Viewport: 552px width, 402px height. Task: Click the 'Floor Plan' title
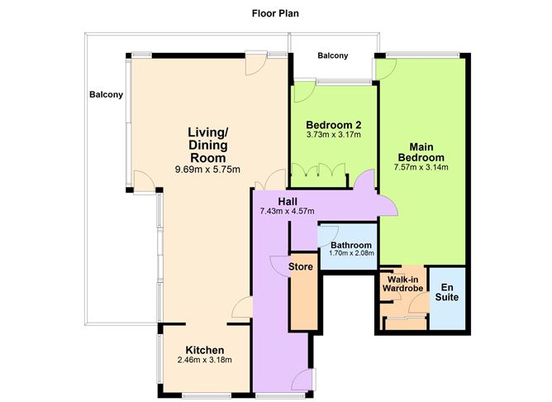(x=276, y=13)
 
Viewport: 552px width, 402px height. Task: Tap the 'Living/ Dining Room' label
(x=207, y=145)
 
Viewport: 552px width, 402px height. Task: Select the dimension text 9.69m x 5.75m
(x=207, y=170)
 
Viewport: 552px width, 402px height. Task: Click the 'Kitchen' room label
(x=205, y=350)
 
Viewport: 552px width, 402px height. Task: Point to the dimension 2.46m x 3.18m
(x=205, y=361)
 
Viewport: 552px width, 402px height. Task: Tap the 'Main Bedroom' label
(x=421, y=151)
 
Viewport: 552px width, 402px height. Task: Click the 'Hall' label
(x=288, y=201)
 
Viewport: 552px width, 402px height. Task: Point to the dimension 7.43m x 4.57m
(x=288, y=212)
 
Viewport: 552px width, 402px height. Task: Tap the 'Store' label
(x=301, y=267)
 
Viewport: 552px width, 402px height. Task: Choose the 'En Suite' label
(x=447, y=290)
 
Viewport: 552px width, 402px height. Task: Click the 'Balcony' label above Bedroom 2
(x=333, y=56)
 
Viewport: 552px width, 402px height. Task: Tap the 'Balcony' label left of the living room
(x=106, y=94)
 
